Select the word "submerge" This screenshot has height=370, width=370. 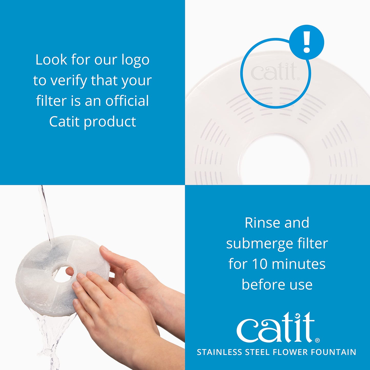tap(259, 244)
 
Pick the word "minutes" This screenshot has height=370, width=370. tap(299, 264)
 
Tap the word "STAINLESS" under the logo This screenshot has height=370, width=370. tap(219, 352)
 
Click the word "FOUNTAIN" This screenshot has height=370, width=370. tap(333, 352)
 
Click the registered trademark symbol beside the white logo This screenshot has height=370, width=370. tap(317, 340)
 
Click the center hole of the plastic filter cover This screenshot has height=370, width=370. tap(275, 162)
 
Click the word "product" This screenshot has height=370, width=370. tap(110, 122)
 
